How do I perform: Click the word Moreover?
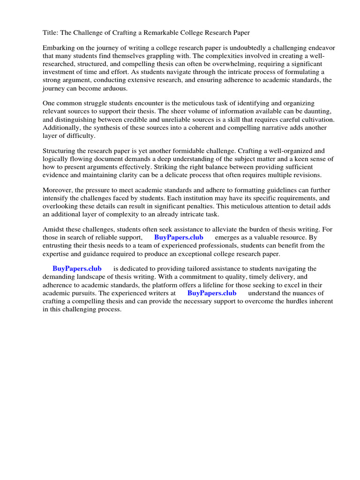58,190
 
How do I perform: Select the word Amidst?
53,230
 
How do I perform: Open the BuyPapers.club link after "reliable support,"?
179,238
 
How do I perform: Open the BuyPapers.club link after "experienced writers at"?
212,293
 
